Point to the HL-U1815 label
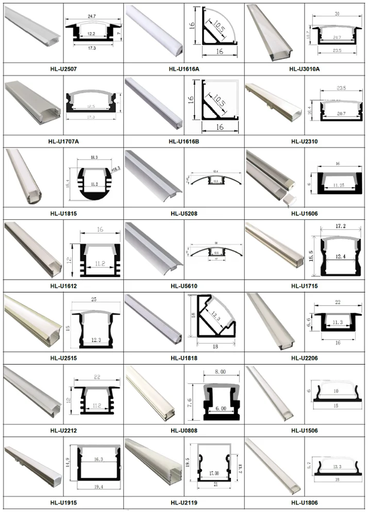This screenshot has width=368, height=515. click(63, 212)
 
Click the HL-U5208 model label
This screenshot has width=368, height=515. click(183, 212)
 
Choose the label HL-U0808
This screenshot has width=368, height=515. click(183, 430)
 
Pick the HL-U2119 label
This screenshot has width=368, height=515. click(183, 502)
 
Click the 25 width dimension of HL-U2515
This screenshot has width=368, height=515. click(93, 299)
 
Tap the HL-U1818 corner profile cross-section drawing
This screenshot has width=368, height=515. click(214, 322)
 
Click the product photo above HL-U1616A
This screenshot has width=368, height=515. click(154, 31)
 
